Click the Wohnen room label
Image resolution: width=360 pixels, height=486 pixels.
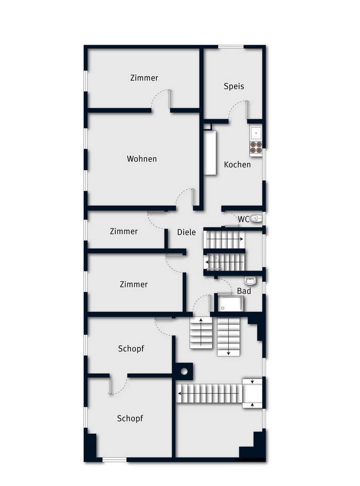(142, 159)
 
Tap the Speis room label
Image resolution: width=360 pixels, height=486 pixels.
(234, 86)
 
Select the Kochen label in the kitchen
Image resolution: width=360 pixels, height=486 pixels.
(237, 165)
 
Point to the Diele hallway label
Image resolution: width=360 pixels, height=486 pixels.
(186, 232)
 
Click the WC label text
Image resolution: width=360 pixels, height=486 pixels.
(243, 219)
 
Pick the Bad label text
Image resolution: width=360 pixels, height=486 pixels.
(244, 291)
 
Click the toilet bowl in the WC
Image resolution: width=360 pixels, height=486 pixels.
(256, 219)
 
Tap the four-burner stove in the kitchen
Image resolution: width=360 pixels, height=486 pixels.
(256, 147)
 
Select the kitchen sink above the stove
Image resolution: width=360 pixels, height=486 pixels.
(256, 133)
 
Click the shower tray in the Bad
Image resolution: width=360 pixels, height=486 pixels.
(230, 304)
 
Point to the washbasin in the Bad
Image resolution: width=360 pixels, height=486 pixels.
(250, 281)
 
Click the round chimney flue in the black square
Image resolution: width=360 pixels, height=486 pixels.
(184, 371)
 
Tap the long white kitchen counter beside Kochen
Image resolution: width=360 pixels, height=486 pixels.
(210, 153)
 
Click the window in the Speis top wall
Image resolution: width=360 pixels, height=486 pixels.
(231, 47)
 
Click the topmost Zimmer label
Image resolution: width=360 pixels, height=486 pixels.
(144, 78)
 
